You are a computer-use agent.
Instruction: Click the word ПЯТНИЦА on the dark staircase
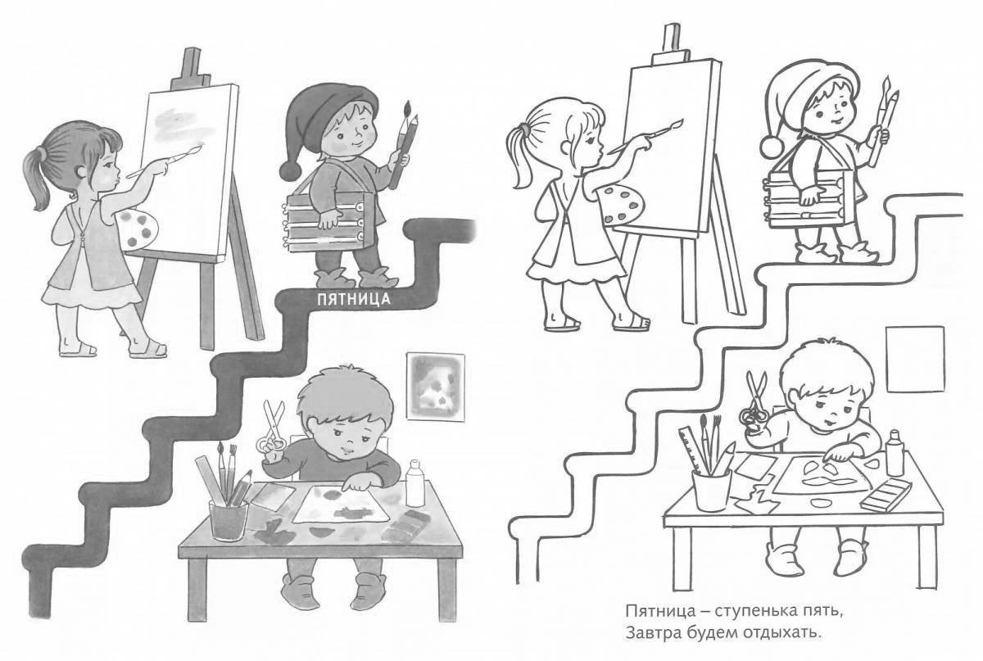pyautogui.click(x=353, y=299)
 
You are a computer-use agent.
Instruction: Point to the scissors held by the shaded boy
pyautogui.click(x=272, y=428)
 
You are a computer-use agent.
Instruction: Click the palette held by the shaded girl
pyautogui.click(x=137, y=229)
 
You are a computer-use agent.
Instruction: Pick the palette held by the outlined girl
pyautogui.click(x=623, y=205)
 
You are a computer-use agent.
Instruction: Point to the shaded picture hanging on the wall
pyautogui.click(x=435, y=387)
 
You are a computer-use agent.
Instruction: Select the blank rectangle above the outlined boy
pyautogui.click(x=915, y=359)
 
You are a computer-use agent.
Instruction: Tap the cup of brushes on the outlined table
pyautogui.click(x=711, y=489)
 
